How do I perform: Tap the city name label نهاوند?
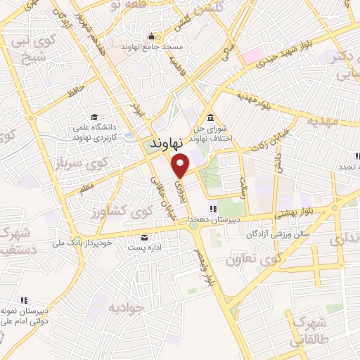tap(167, 143)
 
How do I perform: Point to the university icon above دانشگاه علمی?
tap(94, 117)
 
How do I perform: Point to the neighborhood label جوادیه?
tap(127, 306)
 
